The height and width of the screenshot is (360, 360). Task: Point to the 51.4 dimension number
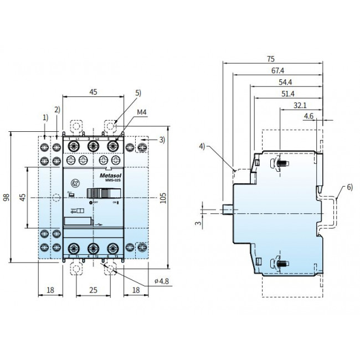pos(288,94)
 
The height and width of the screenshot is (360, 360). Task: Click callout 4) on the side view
pos(203,146)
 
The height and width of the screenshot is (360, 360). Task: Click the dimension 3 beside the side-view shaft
pos(198,224)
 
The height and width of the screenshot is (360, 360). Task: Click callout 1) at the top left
pos(45,117)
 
